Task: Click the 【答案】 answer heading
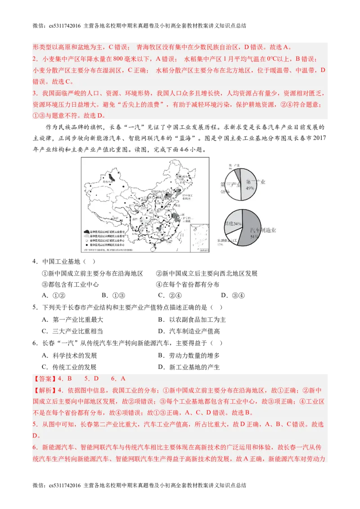click(x=45, y=379)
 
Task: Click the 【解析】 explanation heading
click(x=45, y=390)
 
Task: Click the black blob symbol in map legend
click(x=87, y=230)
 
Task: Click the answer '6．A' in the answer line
click(x=118, y=379)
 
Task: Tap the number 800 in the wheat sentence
click(x=118, y=59)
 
